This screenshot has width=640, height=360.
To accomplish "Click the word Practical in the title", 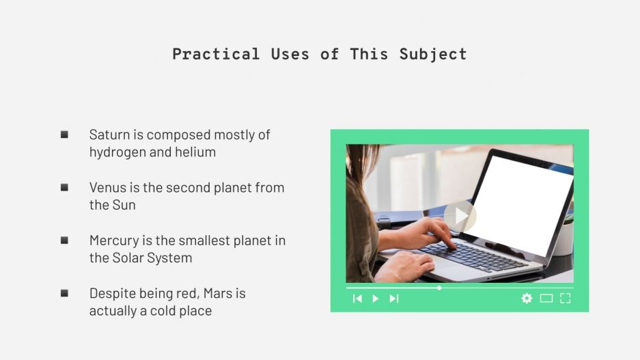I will [215, 54].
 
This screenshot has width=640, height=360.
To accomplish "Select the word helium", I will [195, 152].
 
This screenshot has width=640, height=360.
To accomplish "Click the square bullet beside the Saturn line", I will [64, 135].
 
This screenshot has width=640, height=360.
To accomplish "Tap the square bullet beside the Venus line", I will [64, 187].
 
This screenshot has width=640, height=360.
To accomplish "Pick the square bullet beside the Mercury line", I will [64, 240].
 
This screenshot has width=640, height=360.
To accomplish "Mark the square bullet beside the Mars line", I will [64, 293].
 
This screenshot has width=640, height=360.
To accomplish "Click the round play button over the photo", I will [460, 216].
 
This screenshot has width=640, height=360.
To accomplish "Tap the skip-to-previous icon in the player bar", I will [357, 299].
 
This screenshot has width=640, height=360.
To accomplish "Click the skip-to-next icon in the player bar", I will [393, 299].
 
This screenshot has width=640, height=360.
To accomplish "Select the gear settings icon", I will [527, 299].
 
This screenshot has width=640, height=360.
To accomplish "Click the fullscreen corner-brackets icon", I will [565, 299].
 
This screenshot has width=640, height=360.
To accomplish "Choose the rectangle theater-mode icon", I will [546, 299].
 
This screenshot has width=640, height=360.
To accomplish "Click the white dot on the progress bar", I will [439, 288].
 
